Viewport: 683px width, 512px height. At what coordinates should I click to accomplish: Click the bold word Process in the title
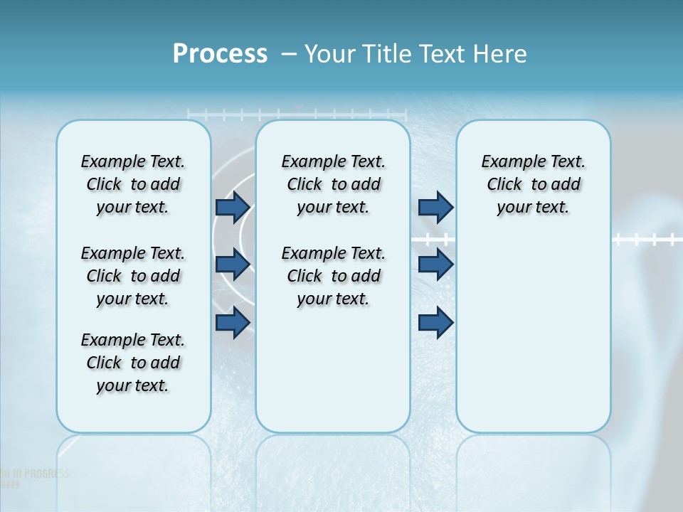click(x=220, y=54)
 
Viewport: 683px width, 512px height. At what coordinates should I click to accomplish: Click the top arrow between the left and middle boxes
click(x=233, y=207)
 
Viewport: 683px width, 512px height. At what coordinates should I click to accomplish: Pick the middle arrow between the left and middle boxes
click(x=233, y=265)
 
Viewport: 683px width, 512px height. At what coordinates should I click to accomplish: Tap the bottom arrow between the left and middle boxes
click(x=233, y=323)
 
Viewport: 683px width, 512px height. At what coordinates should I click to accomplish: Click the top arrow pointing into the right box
click(x=435, y=207)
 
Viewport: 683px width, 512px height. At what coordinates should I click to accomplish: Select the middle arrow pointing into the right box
click(x=435, y=265)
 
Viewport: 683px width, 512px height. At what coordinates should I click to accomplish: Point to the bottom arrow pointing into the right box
click(x=435, y=323)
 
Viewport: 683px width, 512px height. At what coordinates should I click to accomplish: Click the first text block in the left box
click(x=133, y=184)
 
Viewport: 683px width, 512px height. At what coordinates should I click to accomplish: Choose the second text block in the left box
click(x=133, y=276)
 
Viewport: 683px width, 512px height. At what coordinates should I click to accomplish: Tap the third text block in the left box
click(x=133, y=363)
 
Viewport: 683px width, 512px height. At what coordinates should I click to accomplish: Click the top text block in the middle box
click(x=333, y=184)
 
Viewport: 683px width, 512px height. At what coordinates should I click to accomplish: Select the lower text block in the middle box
click(x=333, y=276)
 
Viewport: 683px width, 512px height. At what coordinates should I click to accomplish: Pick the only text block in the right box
click(x=533, y=184)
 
